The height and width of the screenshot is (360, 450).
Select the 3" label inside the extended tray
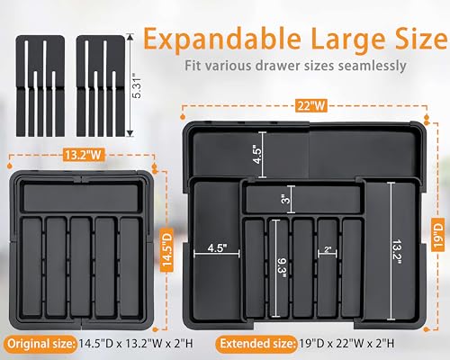coord(284,198)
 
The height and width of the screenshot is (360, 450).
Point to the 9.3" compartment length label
coord(281,266)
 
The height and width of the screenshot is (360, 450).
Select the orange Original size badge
coord(39,342)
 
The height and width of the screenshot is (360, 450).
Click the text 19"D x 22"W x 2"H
coord(359,342)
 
